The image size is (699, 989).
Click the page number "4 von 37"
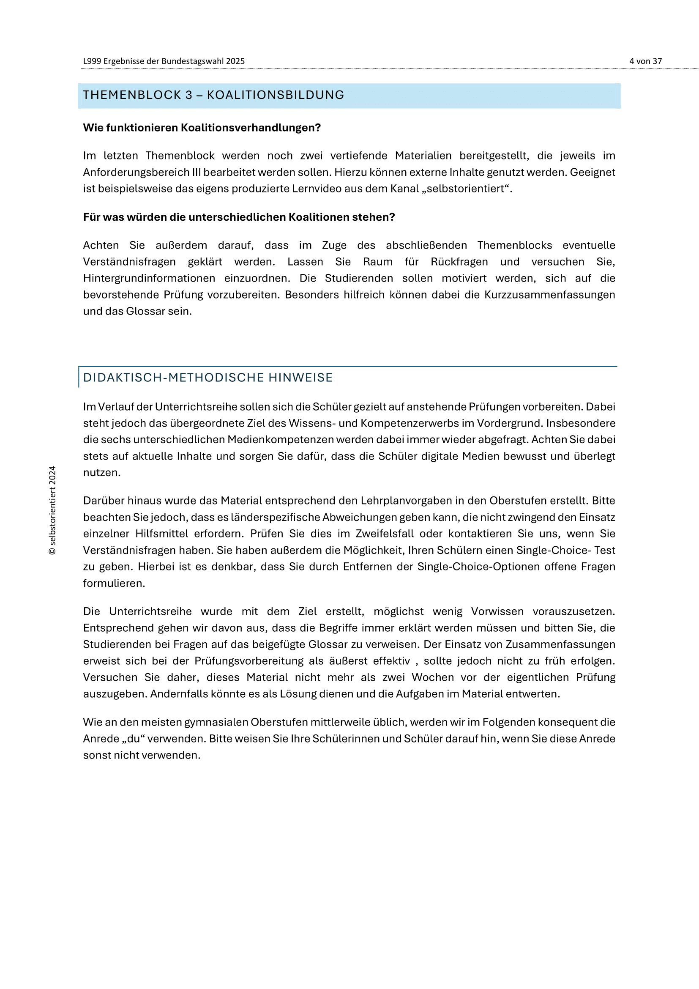[x=645, y=61]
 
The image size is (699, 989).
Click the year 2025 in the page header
[x=235, y=61]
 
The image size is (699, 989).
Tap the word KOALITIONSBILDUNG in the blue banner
[x=276, y=95]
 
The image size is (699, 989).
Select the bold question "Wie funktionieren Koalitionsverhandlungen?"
[x=202, y=128]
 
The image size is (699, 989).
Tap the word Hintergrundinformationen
[x=149, y=278]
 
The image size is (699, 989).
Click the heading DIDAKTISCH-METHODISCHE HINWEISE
[x=208, y=378]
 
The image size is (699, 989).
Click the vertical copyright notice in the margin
[x=52, y=510]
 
